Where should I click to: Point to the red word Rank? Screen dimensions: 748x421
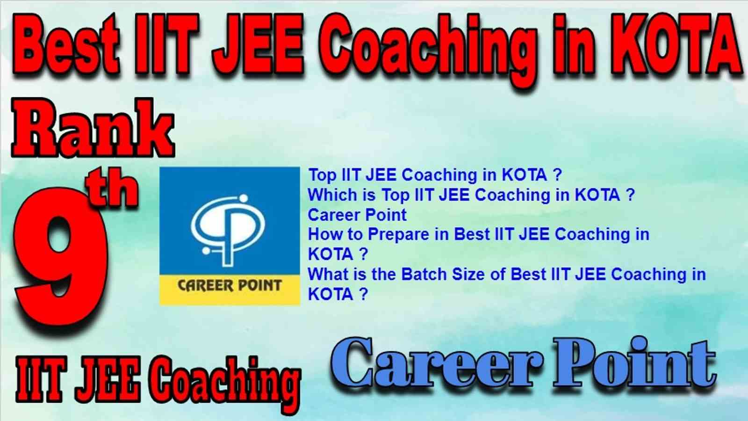point(93,129)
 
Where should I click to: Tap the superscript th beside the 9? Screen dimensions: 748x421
point(112,189)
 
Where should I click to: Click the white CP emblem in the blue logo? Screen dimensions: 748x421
point(229,231)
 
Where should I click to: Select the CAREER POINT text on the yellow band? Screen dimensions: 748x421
point(230,286)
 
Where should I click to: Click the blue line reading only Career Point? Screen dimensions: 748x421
point(357,215)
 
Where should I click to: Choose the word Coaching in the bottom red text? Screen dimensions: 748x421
point(227,384)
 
